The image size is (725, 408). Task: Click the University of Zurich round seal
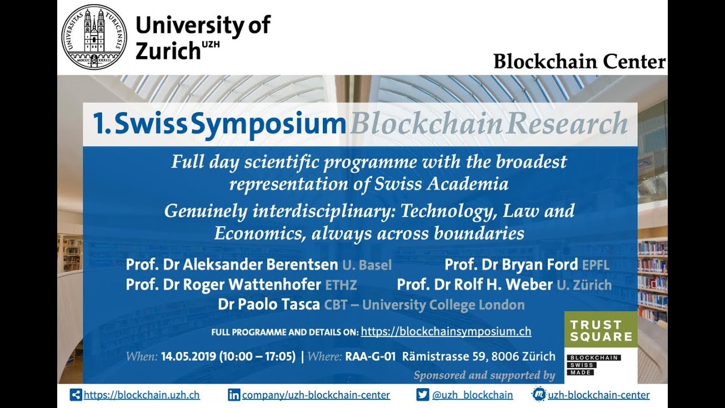click(94, 37)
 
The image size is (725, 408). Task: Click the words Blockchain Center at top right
click(579, 61)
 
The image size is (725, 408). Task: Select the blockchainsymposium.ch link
click(446, 331)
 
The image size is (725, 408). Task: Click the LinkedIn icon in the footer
click(234, 395)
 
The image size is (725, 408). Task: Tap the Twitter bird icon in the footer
click(423, 395)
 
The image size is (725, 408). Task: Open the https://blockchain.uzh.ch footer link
click(142, 395)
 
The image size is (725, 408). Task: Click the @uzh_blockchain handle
click(472, 395)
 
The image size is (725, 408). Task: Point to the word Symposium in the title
click(268, 125)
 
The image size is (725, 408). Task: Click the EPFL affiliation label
click(595, 265)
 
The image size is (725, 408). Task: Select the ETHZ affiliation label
click(341, 284)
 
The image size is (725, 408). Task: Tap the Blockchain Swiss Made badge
click(594, 365)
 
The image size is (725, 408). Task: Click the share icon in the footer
click(76, 395)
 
